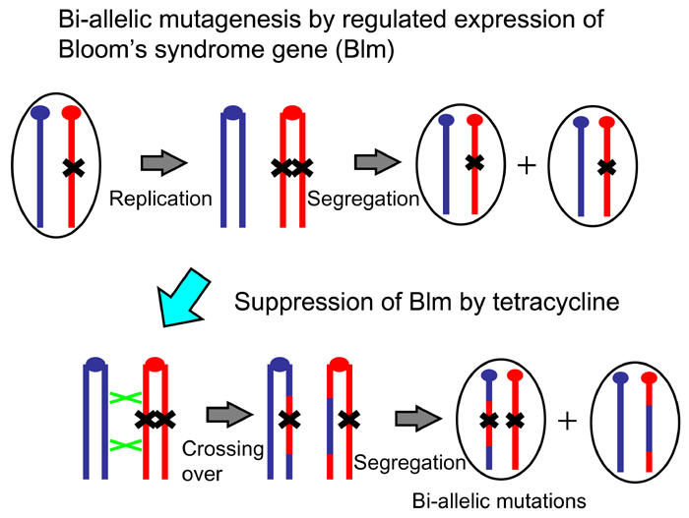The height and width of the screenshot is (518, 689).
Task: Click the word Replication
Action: pos(160,198)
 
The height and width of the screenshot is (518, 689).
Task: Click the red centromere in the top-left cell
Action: pos(71,113)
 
